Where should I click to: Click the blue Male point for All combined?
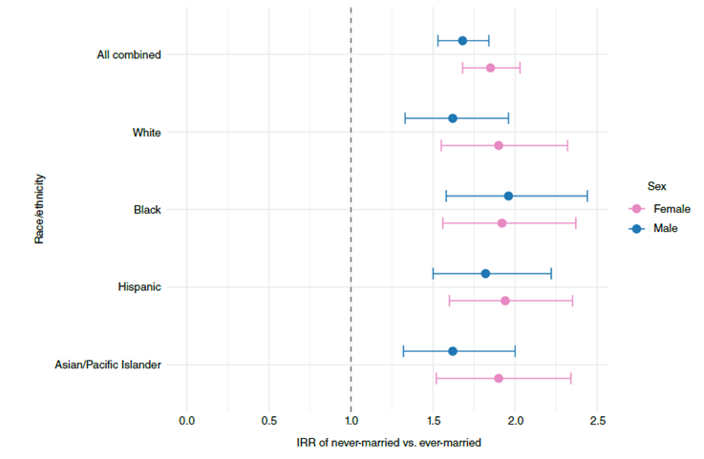(x=462, y=41)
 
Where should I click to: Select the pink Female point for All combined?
(x=490, y=68)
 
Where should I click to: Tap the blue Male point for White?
(x=453, y=118)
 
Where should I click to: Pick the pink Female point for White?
(x=499, y=145)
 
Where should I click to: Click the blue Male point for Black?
(x=508, y=196)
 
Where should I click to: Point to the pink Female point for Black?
(x=501, y=222)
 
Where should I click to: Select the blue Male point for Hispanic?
(x=485, y=274)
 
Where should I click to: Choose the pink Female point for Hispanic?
(x=505, y=301)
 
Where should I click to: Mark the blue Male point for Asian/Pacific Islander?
(x=453, y=351)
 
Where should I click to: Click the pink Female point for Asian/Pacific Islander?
(x=499, y=378)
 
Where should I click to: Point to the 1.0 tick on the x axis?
(x=352, y=421)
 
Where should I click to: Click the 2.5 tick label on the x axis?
(x=598, y=421)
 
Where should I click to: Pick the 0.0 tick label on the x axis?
(x=187, y=421)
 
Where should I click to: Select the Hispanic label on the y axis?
(x=139, y=287)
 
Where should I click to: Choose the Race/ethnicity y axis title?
(x=40, y=208)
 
